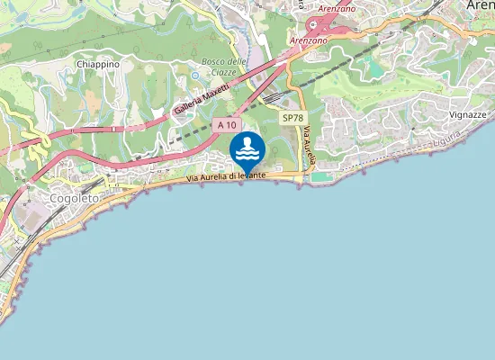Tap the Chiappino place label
click(98, 65)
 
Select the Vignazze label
click(467, 115)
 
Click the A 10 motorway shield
click(225, 127)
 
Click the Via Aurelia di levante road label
click(225, 177)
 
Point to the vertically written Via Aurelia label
click(308, 147)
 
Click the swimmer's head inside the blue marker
click(247, 141)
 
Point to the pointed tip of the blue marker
click(247, 175)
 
